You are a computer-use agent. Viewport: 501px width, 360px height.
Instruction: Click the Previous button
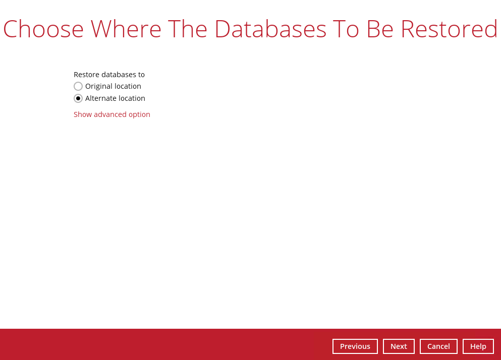click(355, 346)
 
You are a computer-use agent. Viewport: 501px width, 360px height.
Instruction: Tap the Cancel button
click(438, 346)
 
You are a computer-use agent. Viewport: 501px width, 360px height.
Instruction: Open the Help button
click(478, 346)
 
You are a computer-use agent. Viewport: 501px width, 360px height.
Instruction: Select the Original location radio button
click(78, 86)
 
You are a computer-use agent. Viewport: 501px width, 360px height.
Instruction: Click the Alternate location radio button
click(78, 98)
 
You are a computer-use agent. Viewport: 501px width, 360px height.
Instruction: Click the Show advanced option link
click(112, 114)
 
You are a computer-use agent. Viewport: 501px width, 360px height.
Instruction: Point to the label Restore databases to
click(109, 75)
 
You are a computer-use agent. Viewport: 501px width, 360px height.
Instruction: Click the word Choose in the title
click(43, 29)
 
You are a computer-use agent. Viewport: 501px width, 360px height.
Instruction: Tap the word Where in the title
click(126, 29)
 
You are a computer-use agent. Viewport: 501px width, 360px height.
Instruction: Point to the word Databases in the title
click(270, 29)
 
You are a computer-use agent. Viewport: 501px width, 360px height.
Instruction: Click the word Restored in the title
click(449, 29)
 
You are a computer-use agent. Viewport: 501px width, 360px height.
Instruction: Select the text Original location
click(113, 86)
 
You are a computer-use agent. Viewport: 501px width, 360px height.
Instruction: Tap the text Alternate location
click(115, 98)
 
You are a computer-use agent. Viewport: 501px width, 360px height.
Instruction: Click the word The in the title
click(188, 29)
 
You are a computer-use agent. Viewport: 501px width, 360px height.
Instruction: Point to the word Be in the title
click(380, 29)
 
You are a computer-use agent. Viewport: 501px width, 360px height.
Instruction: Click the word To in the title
click(346, 29)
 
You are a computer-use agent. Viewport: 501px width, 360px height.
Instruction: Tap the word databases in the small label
click(119, 75)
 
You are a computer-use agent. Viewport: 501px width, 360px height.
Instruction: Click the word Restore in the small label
click(87, 75)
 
